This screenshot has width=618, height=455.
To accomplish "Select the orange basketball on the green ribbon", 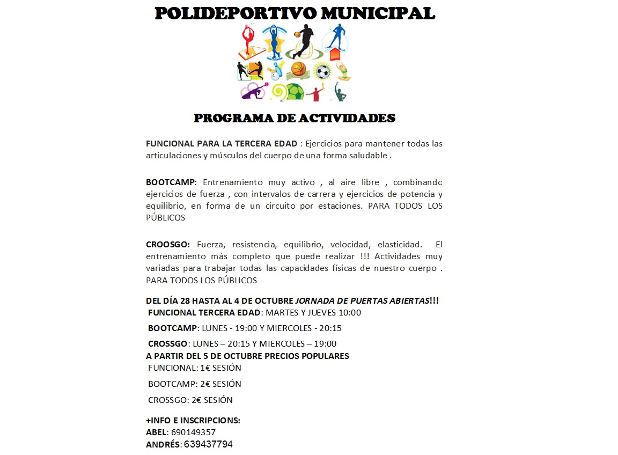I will click(298, 69).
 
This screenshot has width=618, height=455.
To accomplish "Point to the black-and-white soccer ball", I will click(322, 71).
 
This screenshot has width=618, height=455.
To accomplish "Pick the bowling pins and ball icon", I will click(276, 70).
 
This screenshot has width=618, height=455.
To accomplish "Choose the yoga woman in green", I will click(342, 71).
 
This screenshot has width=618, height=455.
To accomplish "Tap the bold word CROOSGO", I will click(167, 245).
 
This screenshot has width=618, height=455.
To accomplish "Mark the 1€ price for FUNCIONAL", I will click(205, 368).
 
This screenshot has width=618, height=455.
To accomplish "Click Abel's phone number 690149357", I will click(193, 432).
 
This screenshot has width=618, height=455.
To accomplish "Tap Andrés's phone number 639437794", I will click(208, 444).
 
